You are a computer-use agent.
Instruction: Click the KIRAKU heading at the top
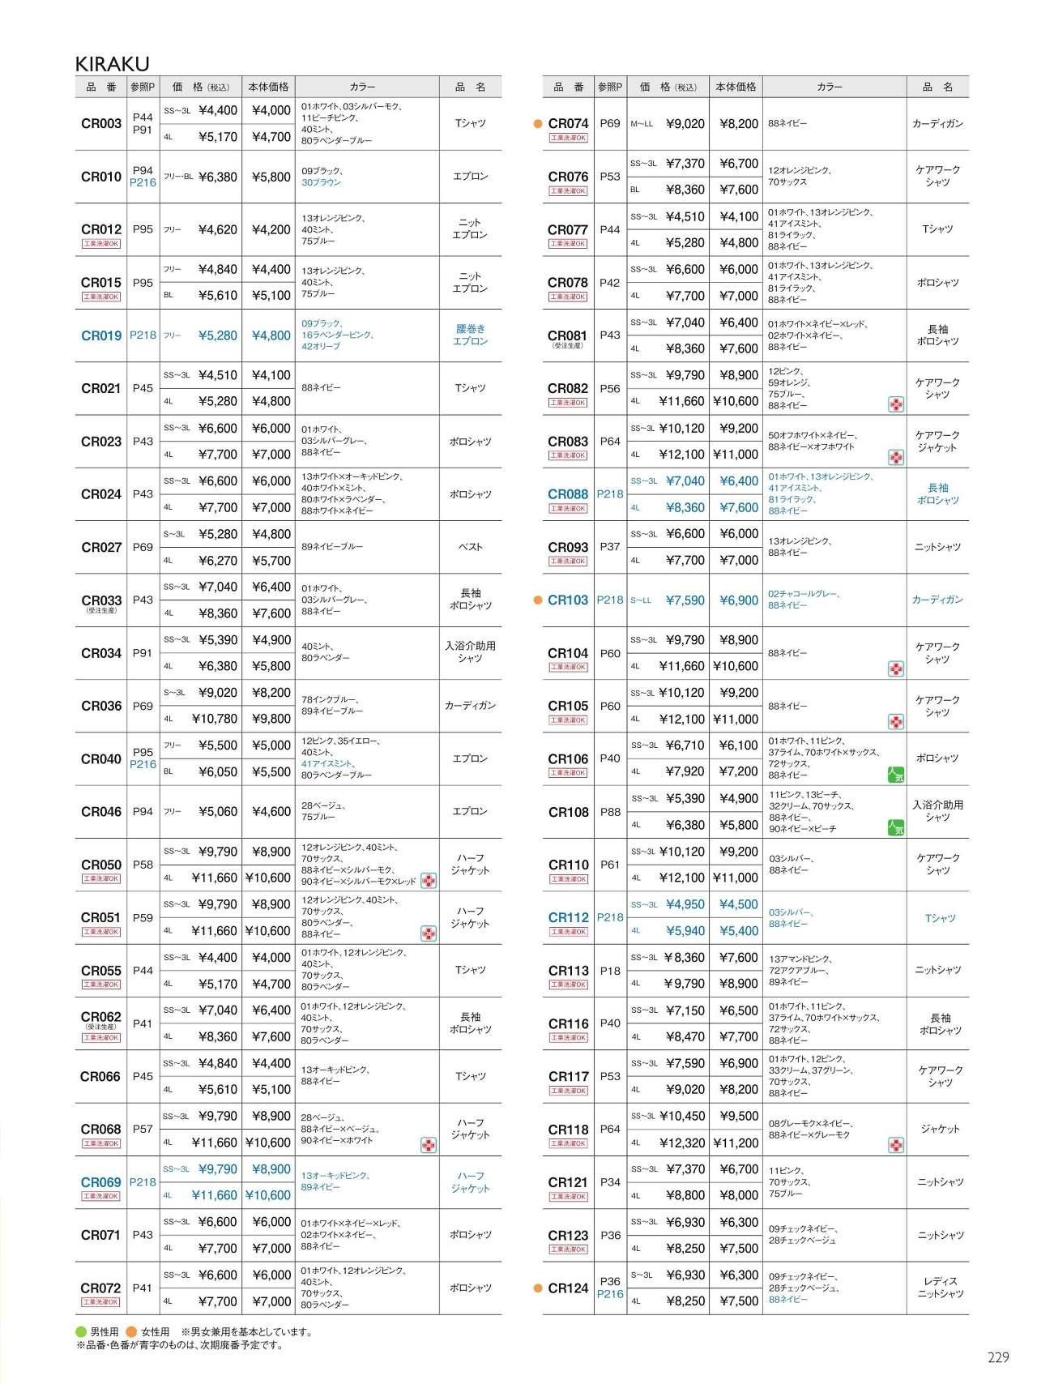point(112,63)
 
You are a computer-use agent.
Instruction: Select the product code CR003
point(101,124)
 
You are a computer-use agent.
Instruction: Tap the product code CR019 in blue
point(101,335)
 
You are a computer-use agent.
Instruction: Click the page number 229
point(998,1357)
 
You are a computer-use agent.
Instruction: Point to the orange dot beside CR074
point(538,124)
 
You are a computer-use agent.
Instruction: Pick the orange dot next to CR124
point(538,1288)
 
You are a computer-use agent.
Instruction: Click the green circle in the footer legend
point(81,1332)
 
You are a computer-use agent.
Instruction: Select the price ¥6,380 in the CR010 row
point(218,177)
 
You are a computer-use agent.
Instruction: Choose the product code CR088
point(568,493)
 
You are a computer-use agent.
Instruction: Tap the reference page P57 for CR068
point(143,1129)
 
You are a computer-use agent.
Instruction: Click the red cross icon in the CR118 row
point(896,1145)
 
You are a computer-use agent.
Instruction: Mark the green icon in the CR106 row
point(896,775)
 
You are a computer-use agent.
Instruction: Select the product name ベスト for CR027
point(470,547)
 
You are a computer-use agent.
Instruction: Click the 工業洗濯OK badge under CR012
point(101,244)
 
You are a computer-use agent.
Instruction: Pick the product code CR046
point(101,811)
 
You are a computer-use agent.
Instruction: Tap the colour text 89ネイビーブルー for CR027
point(332,547)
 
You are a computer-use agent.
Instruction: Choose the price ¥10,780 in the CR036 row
point(215,719)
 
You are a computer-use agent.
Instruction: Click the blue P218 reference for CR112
point(610,917)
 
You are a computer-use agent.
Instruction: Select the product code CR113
point(568,971)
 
